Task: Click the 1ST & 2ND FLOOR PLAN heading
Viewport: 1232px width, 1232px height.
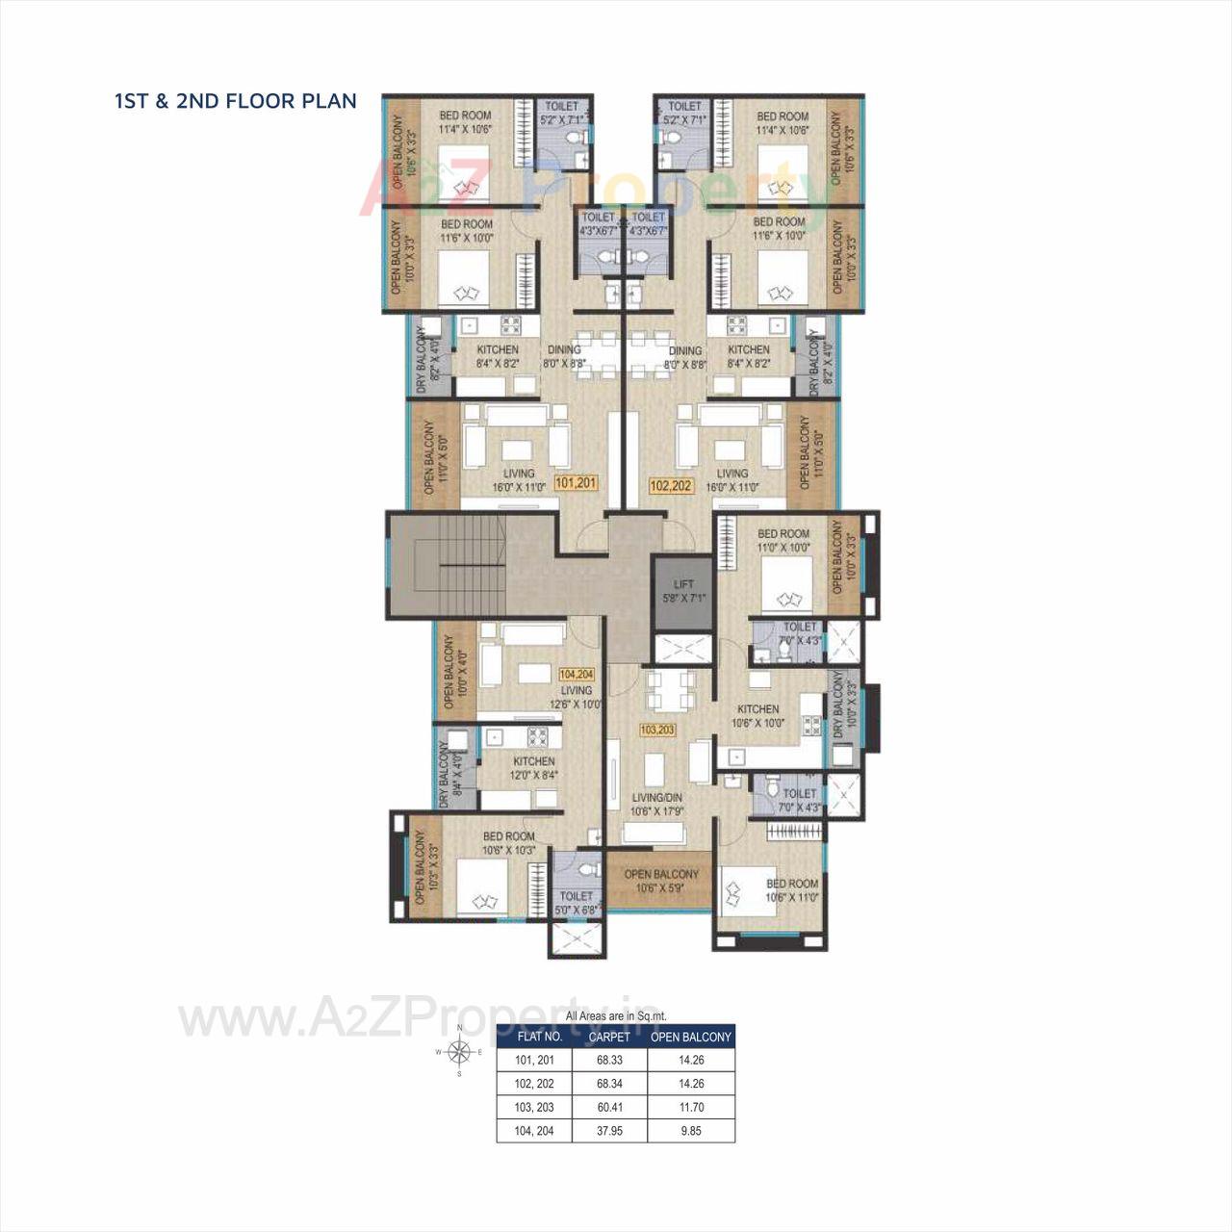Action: (236, 101)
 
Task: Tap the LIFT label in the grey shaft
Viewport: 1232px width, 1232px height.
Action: (683, 591)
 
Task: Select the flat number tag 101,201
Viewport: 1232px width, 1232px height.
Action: (577, 484)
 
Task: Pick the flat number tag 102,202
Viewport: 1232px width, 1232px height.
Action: (671, 485)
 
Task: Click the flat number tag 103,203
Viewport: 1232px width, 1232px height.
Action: (657, 730)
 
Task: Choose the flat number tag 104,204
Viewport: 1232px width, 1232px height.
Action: (576, 674)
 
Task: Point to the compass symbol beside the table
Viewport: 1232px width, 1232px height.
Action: (460, 1052)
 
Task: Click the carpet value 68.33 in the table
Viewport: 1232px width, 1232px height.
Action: (609, 1060)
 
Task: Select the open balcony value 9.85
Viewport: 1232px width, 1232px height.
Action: (691, 1131)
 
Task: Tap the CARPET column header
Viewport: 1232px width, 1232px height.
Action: (609, 1037)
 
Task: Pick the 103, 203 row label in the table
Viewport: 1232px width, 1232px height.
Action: (534, 1107)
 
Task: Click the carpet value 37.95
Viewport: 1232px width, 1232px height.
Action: (609, 1131)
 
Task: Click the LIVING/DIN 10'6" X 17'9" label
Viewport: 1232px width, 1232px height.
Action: (657, 804)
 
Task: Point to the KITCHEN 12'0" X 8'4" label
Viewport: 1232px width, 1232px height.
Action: (534, 767)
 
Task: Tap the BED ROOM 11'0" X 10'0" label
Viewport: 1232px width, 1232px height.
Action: (783, 540)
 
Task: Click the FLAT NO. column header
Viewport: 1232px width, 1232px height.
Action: (540, 1037)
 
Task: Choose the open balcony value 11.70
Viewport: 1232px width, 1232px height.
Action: (691, 1107)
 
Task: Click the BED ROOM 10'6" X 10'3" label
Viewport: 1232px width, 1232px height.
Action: (509, 843)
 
